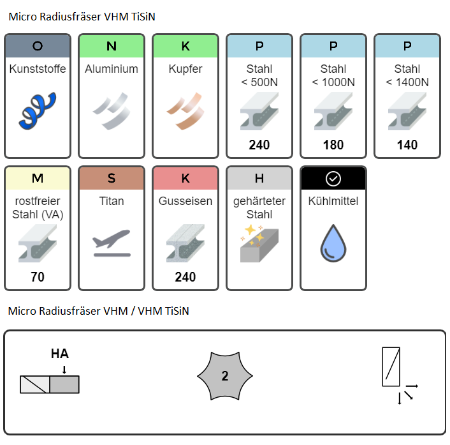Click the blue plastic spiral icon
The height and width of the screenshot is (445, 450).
click(38, 111)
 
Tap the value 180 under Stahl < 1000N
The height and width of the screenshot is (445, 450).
click(333, 145)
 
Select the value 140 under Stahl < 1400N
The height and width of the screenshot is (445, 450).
click(407, 145)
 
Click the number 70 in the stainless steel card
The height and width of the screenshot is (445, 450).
click(38, 277)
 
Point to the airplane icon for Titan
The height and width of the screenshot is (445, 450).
click(112, 243)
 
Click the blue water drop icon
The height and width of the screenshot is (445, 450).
click(333, 243)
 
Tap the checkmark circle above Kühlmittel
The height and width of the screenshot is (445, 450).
click(333, 179)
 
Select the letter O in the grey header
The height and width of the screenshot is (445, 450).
click(38, 46)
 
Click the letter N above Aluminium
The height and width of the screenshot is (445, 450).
click(112, 46)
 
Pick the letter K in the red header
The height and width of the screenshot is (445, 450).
click(185, 178)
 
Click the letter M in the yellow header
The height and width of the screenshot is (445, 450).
click(38, 178)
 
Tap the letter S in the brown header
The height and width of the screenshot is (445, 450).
click(112, 178)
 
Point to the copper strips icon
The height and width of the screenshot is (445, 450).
click(185, 111)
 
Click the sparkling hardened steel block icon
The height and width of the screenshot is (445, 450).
click(259, 243)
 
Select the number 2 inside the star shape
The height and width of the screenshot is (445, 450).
click(225, 376)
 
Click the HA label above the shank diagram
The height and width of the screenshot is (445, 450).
click(60, 354)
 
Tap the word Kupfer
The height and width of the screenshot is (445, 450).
click(185, 70)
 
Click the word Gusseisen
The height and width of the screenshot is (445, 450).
click(185, 201)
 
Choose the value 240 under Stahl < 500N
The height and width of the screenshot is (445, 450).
click(259, 145)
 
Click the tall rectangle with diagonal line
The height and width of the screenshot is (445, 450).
click(391, 367)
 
